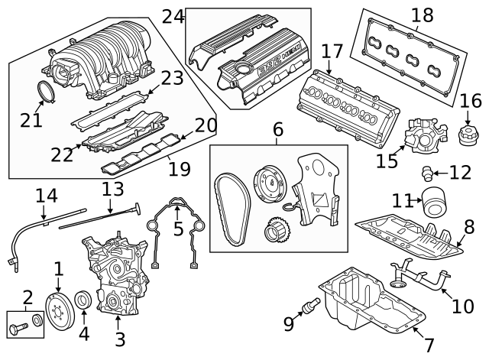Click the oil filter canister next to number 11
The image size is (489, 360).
click(x=434, y=202)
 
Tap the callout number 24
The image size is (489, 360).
click(x=173, y=17)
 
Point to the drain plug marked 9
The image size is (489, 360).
click(x=311, y=305)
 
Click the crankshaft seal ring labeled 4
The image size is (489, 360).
click(x=83, y=299)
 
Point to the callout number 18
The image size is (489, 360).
click(x=423, y=15)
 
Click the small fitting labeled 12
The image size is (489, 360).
click(x=426, y=174)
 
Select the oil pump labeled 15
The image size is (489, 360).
click(x=426, y=136)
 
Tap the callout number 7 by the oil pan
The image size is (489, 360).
click(x=429, y=345)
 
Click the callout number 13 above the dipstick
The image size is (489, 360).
click(x=113, y=189)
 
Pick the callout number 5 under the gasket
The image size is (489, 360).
click(x=178, y=229)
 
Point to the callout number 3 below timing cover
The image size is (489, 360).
click(x=120, y=339)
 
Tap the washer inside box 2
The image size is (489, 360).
click(x=37, y=320)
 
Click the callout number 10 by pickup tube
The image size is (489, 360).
click(x=462, y=306)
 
